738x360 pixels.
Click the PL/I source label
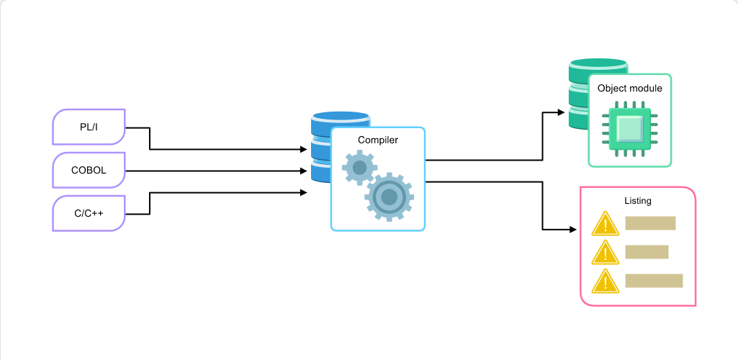[89, 127]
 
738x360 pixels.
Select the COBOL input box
[89, 170]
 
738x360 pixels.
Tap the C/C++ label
[89, 213]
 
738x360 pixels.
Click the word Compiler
[378, 140]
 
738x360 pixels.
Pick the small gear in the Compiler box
[359, 167]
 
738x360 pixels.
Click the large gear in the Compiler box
[389, 197]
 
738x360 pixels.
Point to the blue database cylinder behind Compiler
[321, 148]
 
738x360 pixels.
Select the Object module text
[630, 88]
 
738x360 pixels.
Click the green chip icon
[630, 128]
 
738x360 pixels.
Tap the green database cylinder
[578, 94]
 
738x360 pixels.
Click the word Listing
[638, 200]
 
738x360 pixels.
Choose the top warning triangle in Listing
[605, 223]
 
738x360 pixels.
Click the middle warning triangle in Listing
[605, 252]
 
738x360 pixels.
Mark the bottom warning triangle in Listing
[605, 282]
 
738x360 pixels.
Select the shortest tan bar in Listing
[647, 252]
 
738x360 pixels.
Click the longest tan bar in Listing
[654, 281]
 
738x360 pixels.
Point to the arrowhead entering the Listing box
[573, 230]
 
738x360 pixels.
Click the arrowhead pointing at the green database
[561, 112]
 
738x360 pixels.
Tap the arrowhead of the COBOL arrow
[304, 171]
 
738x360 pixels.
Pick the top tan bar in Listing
[650, 223]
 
